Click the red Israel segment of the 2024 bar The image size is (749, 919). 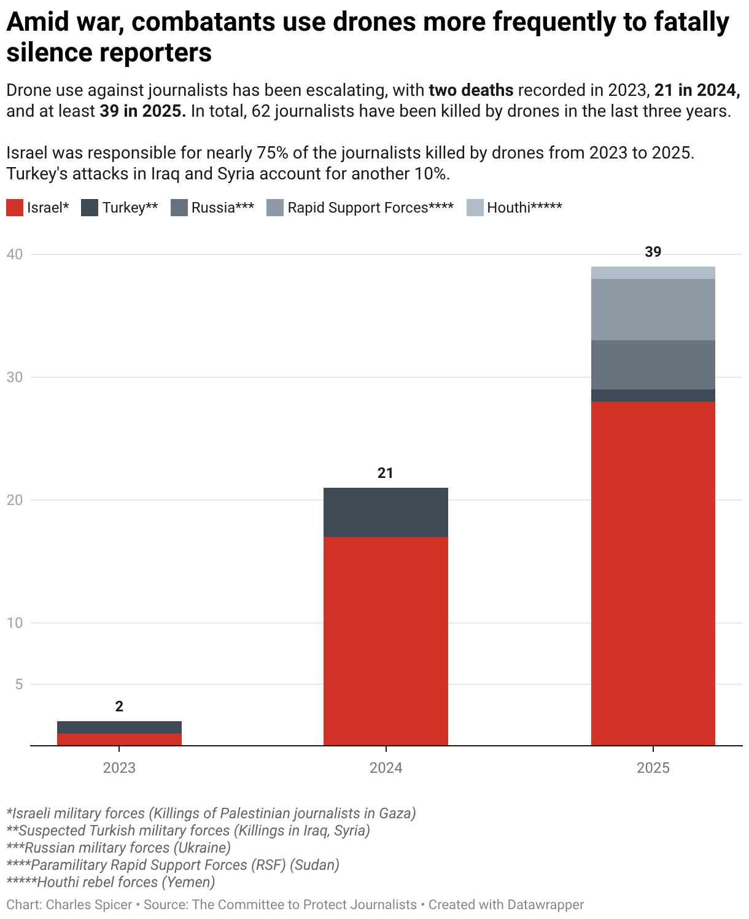[386, 641]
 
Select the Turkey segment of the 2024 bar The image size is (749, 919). [386, 512]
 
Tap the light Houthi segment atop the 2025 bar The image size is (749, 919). [653, 273]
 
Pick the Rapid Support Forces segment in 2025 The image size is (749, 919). [653, 310]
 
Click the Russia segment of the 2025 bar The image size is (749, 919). [653, 365]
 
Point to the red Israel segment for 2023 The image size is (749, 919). [119, 740]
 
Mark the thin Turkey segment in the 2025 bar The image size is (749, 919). [653, 396]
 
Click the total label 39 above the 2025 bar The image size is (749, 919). [653, 252]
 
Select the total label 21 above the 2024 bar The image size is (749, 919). [385, 473]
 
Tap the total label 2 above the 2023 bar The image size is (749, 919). [119, 706]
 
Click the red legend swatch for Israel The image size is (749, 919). [15, 208]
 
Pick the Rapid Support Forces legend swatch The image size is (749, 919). [275, 208]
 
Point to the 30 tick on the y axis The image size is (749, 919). [15, 377]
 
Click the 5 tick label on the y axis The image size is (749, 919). [18, 684]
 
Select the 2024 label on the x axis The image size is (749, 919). [386, 768]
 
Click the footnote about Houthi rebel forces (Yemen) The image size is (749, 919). [111, 882]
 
